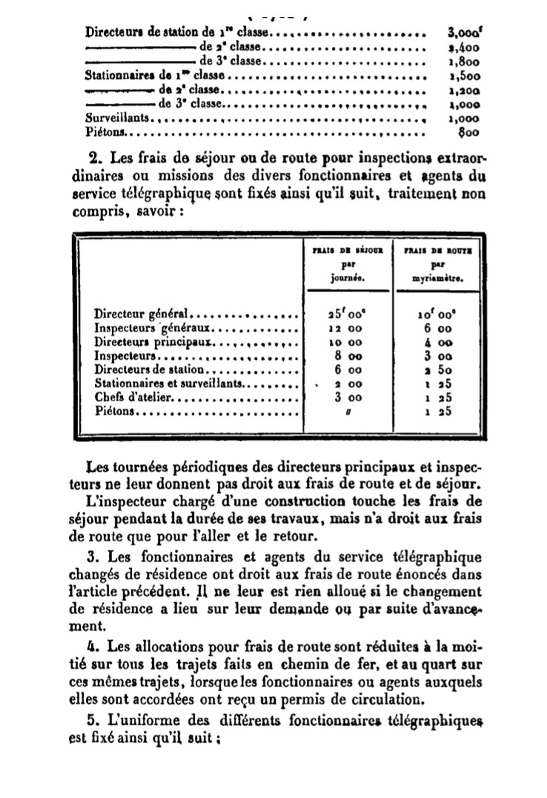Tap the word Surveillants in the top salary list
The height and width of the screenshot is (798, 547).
[x=119, y=118]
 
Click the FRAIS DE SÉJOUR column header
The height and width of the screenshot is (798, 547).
[x=343, y=251]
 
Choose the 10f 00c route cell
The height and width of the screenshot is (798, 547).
[x=436, y=314]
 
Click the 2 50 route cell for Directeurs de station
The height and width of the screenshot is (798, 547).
[x=436, y=369]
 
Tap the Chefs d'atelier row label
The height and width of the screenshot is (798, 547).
[x=133, y=398]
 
